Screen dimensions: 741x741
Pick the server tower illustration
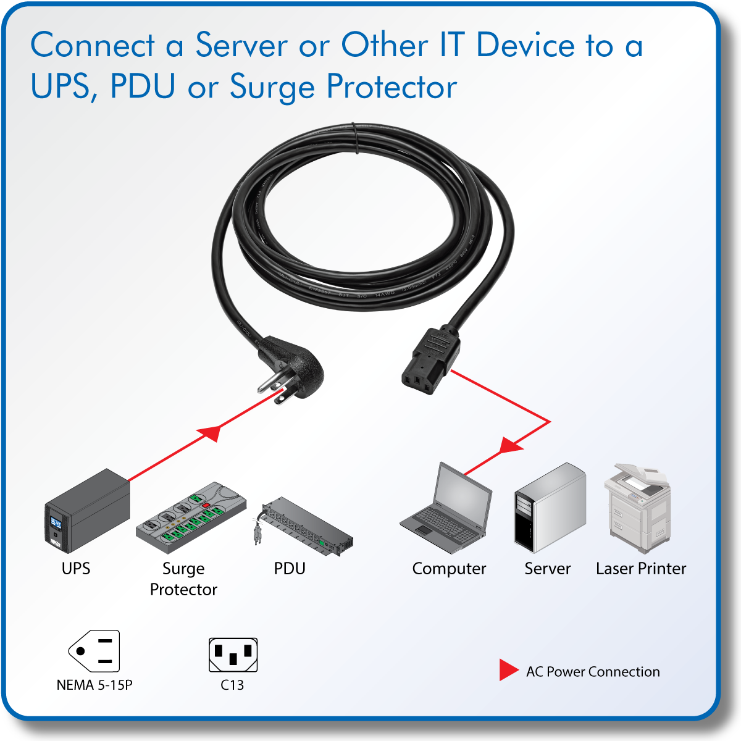[x=549, y=508]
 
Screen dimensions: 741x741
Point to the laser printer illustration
[x=637, y=508]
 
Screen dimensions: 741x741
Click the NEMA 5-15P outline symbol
[x=94, y=651]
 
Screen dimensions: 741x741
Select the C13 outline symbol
[x=233, y=655]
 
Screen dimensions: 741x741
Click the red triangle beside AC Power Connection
[x=508, y=670]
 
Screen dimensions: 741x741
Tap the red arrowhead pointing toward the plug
[x=210, y=432]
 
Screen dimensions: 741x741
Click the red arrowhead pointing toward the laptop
[x=510, y=445]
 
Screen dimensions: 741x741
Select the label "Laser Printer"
[x=640, y=569]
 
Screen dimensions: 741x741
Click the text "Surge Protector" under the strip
[x=183, y=579]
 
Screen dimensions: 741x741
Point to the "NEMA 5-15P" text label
[x=94, y=685]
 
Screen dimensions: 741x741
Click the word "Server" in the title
[x=241, y=46]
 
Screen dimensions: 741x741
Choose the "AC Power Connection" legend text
[x=593, y=672]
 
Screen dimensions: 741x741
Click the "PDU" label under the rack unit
[x=290, y=568]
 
